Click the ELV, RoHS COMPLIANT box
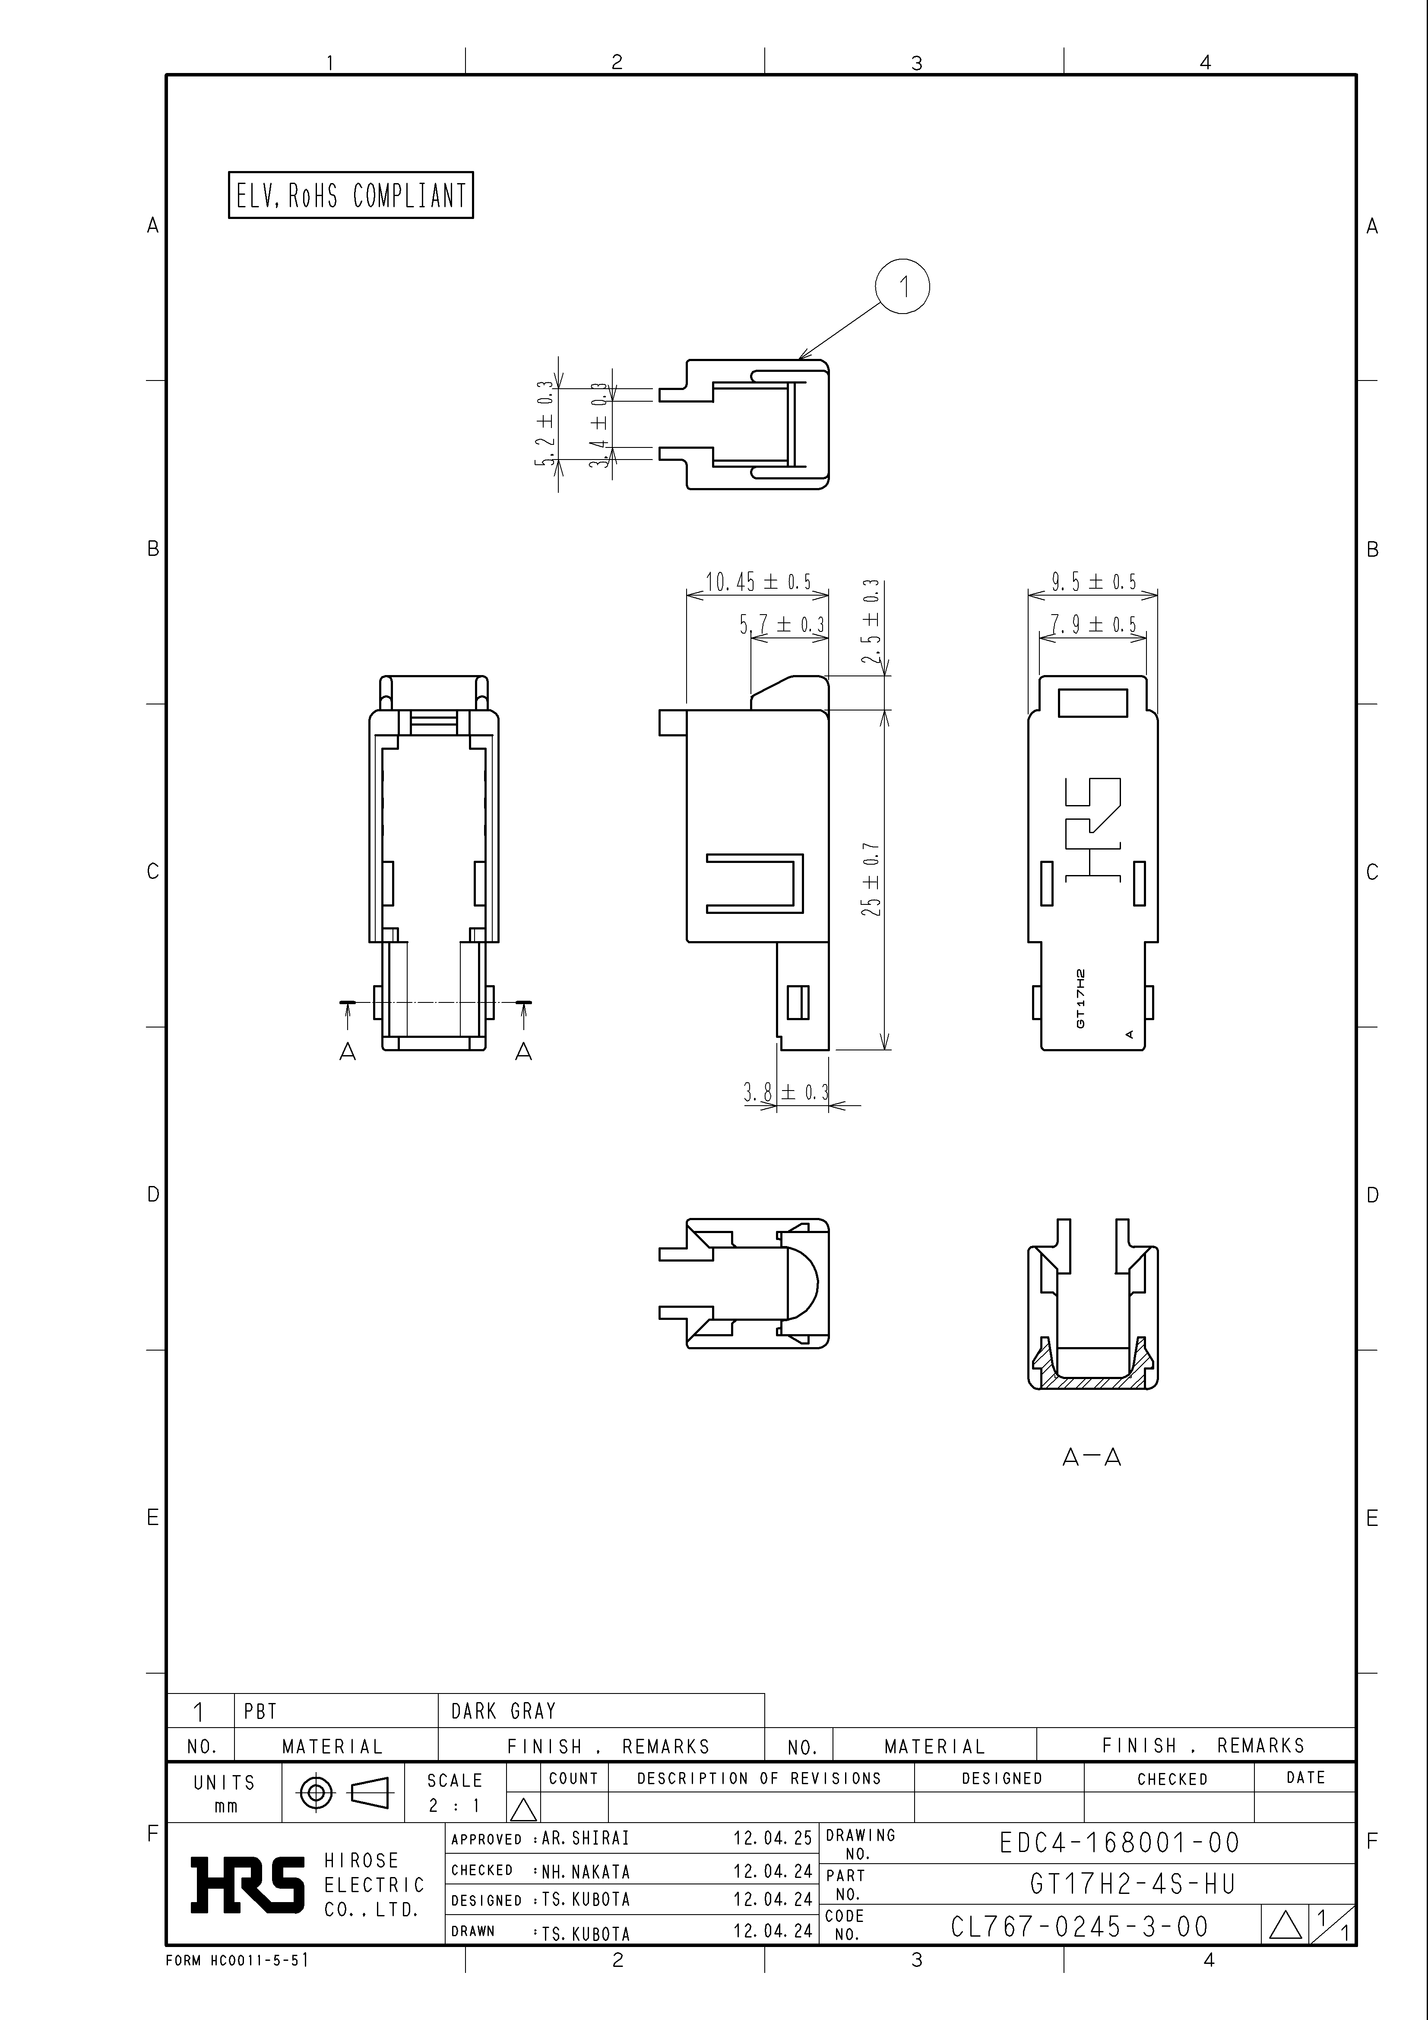350,194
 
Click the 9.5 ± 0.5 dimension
1094,581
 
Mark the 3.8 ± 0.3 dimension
786,1093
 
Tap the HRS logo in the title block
248,1885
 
